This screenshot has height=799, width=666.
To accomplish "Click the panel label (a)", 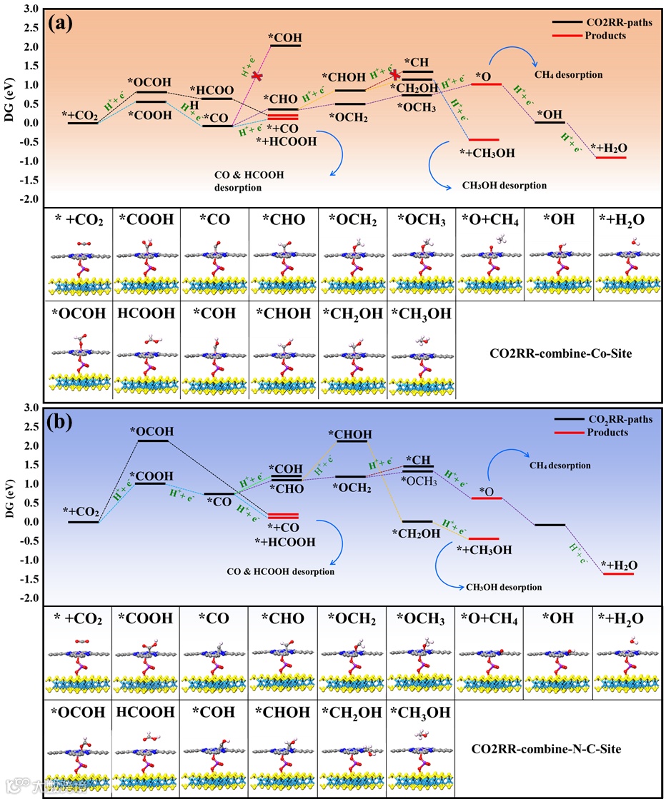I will click(60, 21).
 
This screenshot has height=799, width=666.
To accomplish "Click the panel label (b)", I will click(60, 421).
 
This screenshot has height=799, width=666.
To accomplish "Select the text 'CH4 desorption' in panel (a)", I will click(568, 74).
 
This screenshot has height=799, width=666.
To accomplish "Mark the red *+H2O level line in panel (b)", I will click(618, 574).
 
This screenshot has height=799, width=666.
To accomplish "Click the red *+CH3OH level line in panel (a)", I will click(484, 140).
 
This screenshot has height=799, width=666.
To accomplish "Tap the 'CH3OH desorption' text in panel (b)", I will click(504, 587).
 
